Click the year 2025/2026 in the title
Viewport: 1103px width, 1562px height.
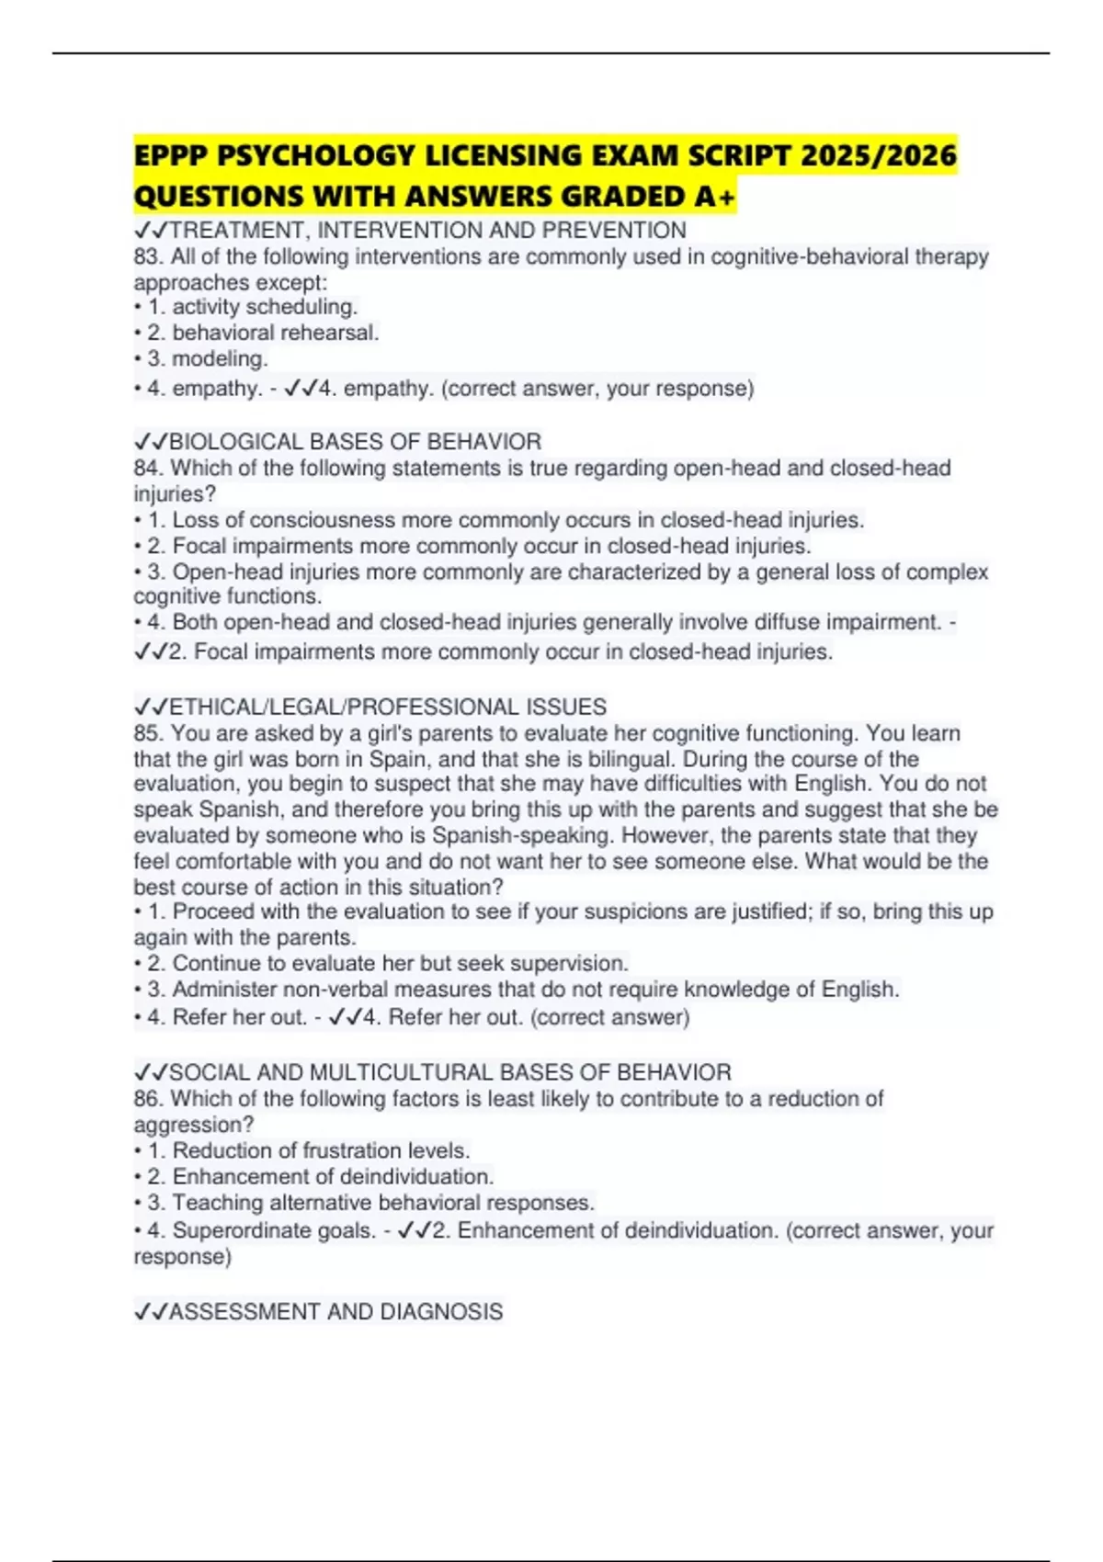[x=878, y=155]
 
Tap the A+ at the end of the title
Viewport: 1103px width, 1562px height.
[x=716, y=197]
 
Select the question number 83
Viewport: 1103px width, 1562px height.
[x=147, y=256]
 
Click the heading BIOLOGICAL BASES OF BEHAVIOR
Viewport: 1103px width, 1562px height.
[x=355, y=442]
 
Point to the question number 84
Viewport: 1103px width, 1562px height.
[x=147, y=468]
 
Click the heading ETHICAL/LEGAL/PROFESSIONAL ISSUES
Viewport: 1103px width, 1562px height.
[x=387, y=707]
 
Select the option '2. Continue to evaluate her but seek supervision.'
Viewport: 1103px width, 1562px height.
[x=400, y=963]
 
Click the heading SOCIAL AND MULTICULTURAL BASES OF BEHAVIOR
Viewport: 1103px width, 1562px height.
[x=449, y=1072]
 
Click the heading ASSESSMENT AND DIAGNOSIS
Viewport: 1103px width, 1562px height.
[x=335, y=1311]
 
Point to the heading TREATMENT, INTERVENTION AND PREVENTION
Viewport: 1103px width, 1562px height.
[x=427, y=230]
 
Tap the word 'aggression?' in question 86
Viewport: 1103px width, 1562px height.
[x=194, y=1125]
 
